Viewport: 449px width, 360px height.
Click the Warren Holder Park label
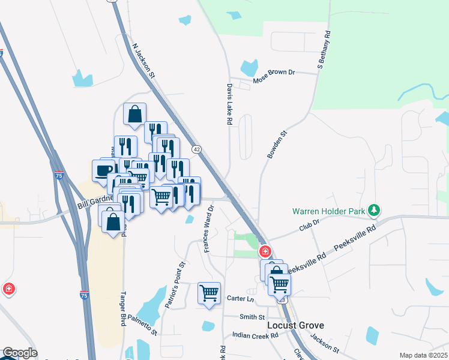(x=329, y=211)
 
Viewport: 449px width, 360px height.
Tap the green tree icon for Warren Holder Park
(x=375, y=210)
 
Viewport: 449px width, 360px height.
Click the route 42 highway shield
(x=196, y=148)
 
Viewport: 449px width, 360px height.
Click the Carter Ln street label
(x=241, y=298)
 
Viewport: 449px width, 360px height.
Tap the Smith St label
(x=252, y=317)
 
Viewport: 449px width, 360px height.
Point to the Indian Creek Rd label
(x=255, y=336)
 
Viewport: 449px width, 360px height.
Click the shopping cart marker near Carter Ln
(x=209, y=293)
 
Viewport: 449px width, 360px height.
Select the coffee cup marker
(x=103, y=170)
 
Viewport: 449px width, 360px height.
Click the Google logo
(x=20, y=353)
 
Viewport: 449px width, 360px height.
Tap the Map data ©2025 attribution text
(x=424, y=355)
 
